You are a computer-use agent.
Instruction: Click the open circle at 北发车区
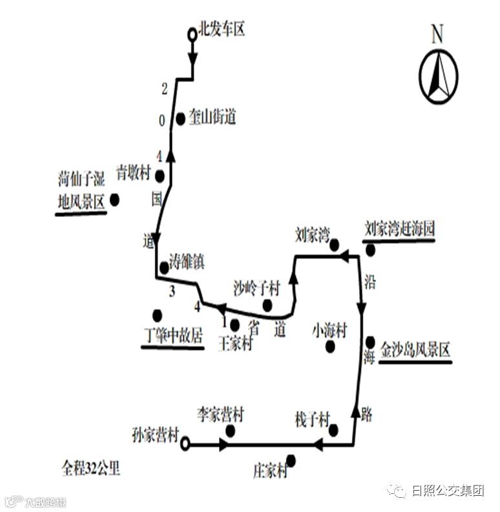pos(192,35)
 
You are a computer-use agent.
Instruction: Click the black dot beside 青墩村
pos(160,176)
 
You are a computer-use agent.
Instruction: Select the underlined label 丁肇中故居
pos(172,336)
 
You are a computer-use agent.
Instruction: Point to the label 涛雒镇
pos(187,261)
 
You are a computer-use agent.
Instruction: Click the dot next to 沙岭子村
pos(267,305)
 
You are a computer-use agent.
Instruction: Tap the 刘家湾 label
pos(312,233)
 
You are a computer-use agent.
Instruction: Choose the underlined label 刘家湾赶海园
pos(399,228)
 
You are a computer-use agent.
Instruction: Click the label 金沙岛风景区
pos(415,351)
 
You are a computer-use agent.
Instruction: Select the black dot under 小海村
pos(331,347)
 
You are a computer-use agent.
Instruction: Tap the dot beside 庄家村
pos(291,460)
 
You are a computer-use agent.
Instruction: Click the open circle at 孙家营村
pos(185,444)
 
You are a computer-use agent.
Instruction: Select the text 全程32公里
pos(90,468)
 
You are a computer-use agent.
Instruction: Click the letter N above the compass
pos(437,34)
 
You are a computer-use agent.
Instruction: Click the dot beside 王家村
pos(234,325)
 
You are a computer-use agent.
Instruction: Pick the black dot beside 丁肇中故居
pos(157,315)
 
